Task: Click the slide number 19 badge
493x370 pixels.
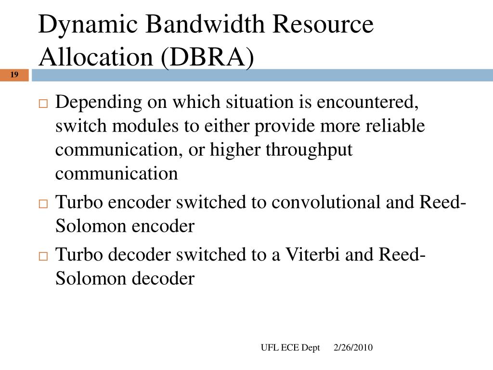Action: click(x=14, y=75)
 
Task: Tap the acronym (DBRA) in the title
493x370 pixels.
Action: click(x=208, y=57)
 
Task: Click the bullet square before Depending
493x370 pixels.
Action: click(x=43, y=104)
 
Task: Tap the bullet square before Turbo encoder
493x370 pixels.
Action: click(x=43, y=204)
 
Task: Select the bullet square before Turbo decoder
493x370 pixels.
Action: click(x=43, y=256)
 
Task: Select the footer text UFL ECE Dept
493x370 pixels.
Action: click(x=290, y=348)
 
